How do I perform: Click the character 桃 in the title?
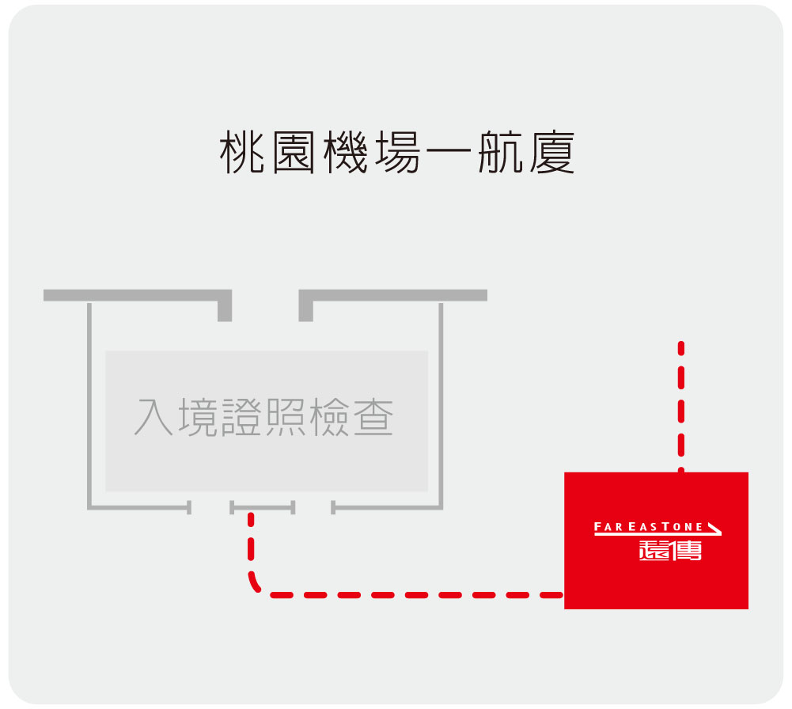click(x=242, y=151)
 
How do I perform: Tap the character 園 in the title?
click(x=294, y=151)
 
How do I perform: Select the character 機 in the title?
click(x=346, y=151)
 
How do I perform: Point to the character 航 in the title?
click(x=501, y=151)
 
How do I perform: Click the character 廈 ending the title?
click(x=552, y=151)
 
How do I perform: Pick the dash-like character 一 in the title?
click(x=449, y=150)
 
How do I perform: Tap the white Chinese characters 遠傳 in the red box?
click(x=670, y=550)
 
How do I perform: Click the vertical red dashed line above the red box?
click(x=681, y=407)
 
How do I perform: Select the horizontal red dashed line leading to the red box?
click(x=416, y=595)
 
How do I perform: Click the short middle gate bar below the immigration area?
click(x=262, y=507)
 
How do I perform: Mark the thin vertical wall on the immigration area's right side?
click(x=441, y=406)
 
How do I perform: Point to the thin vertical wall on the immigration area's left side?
click(x=89, y=406)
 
